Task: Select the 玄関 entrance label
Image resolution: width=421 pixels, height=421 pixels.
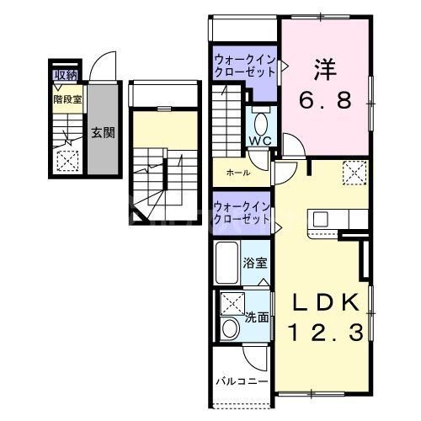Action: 104,133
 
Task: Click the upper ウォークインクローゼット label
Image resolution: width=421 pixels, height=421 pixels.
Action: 242,67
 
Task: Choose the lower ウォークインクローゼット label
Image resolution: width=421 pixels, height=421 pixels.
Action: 242,212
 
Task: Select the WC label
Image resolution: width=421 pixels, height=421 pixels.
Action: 258,141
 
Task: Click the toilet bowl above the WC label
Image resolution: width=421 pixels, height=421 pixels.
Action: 259,118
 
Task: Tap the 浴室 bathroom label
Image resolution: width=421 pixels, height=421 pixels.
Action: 256,263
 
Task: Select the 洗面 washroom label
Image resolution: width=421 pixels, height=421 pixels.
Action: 256,318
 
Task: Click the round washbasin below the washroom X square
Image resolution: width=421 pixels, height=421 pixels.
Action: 230,329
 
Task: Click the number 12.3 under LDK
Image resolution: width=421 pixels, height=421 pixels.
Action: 327,333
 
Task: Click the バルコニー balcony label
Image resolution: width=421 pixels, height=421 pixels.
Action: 242,381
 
